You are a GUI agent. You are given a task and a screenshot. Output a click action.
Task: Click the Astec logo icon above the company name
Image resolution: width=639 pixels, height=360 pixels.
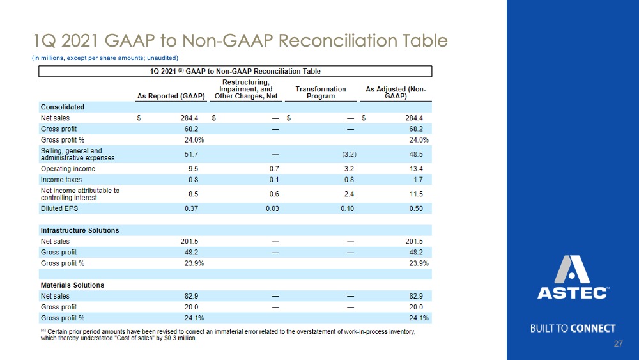click(572, 269)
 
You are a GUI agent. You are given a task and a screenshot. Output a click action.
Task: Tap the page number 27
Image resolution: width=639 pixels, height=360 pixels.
click(618, 343)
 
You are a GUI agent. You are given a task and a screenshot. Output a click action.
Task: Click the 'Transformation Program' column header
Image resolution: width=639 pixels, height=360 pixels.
click(321, 93)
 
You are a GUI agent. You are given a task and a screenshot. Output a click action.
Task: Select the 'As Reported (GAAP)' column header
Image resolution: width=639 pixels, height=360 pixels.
click(171, 96)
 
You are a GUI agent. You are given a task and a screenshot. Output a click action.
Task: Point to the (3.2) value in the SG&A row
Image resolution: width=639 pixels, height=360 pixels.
click(350, 154)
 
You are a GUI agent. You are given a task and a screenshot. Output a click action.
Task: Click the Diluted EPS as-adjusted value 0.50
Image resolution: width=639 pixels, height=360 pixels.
click(416, 208)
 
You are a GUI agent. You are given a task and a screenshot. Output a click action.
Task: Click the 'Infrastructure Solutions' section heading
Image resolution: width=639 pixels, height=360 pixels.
click(80, 230)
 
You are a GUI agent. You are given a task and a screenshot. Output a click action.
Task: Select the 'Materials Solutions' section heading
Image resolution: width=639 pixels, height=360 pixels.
click(73, 285)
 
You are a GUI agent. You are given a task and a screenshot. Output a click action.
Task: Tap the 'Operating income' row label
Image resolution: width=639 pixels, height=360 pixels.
click(68, 169)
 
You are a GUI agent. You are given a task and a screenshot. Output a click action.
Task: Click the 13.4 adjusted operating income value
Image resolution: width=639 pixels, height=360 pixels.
click(416, 169)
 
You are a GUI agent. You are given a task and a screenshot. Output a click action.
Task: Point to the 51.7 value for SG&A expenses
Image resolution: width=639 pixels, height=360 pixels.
click(191, 154)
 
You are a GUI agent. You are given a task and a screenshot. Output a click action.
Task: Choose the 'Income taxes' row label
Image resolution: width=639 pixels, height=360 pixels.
click(61, 180)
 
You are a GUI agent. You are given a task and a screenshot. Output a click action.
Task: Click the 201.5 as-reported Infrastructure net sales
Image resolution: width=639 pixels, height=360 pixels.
click(189, 241)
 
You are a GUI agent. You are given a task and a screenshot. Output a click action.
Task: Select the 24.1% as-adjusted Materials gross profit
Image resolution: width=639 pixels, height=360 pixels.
click(419, 318)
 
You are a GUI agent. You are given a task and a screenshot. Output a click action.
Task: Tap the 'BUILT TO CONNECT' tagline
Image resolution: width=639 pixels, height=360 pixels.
click(573, 329)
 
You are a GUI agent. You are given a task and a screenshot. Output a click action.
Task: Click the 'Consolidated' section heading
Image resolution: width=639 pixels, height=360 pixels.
click(63, 107)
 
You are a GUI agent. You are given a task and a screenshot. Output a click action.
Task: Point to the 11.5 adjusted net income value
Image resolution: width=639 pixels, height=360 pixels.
click(416, 194)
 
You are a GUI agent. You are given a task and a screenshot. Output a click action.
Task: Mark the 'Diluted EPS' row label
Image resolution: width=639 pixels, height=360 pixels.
click(59, 208)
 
